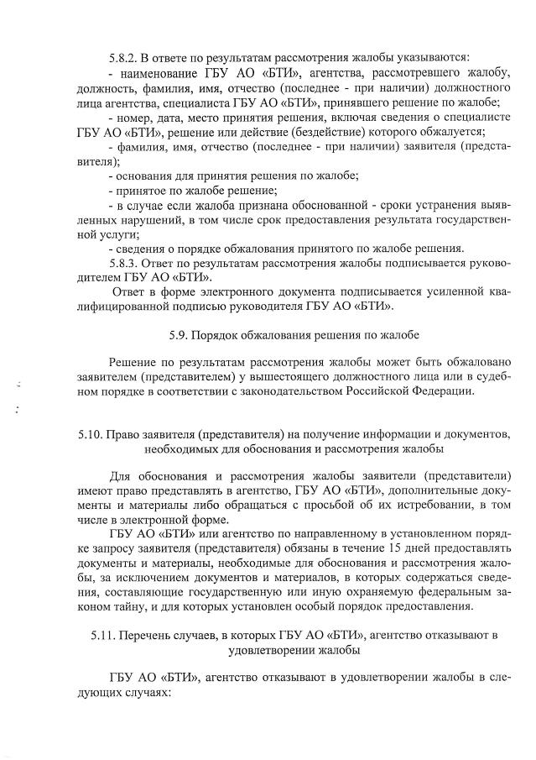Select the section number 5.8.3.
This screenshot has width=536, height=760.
pyautogui.click(x=126, y=264)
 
